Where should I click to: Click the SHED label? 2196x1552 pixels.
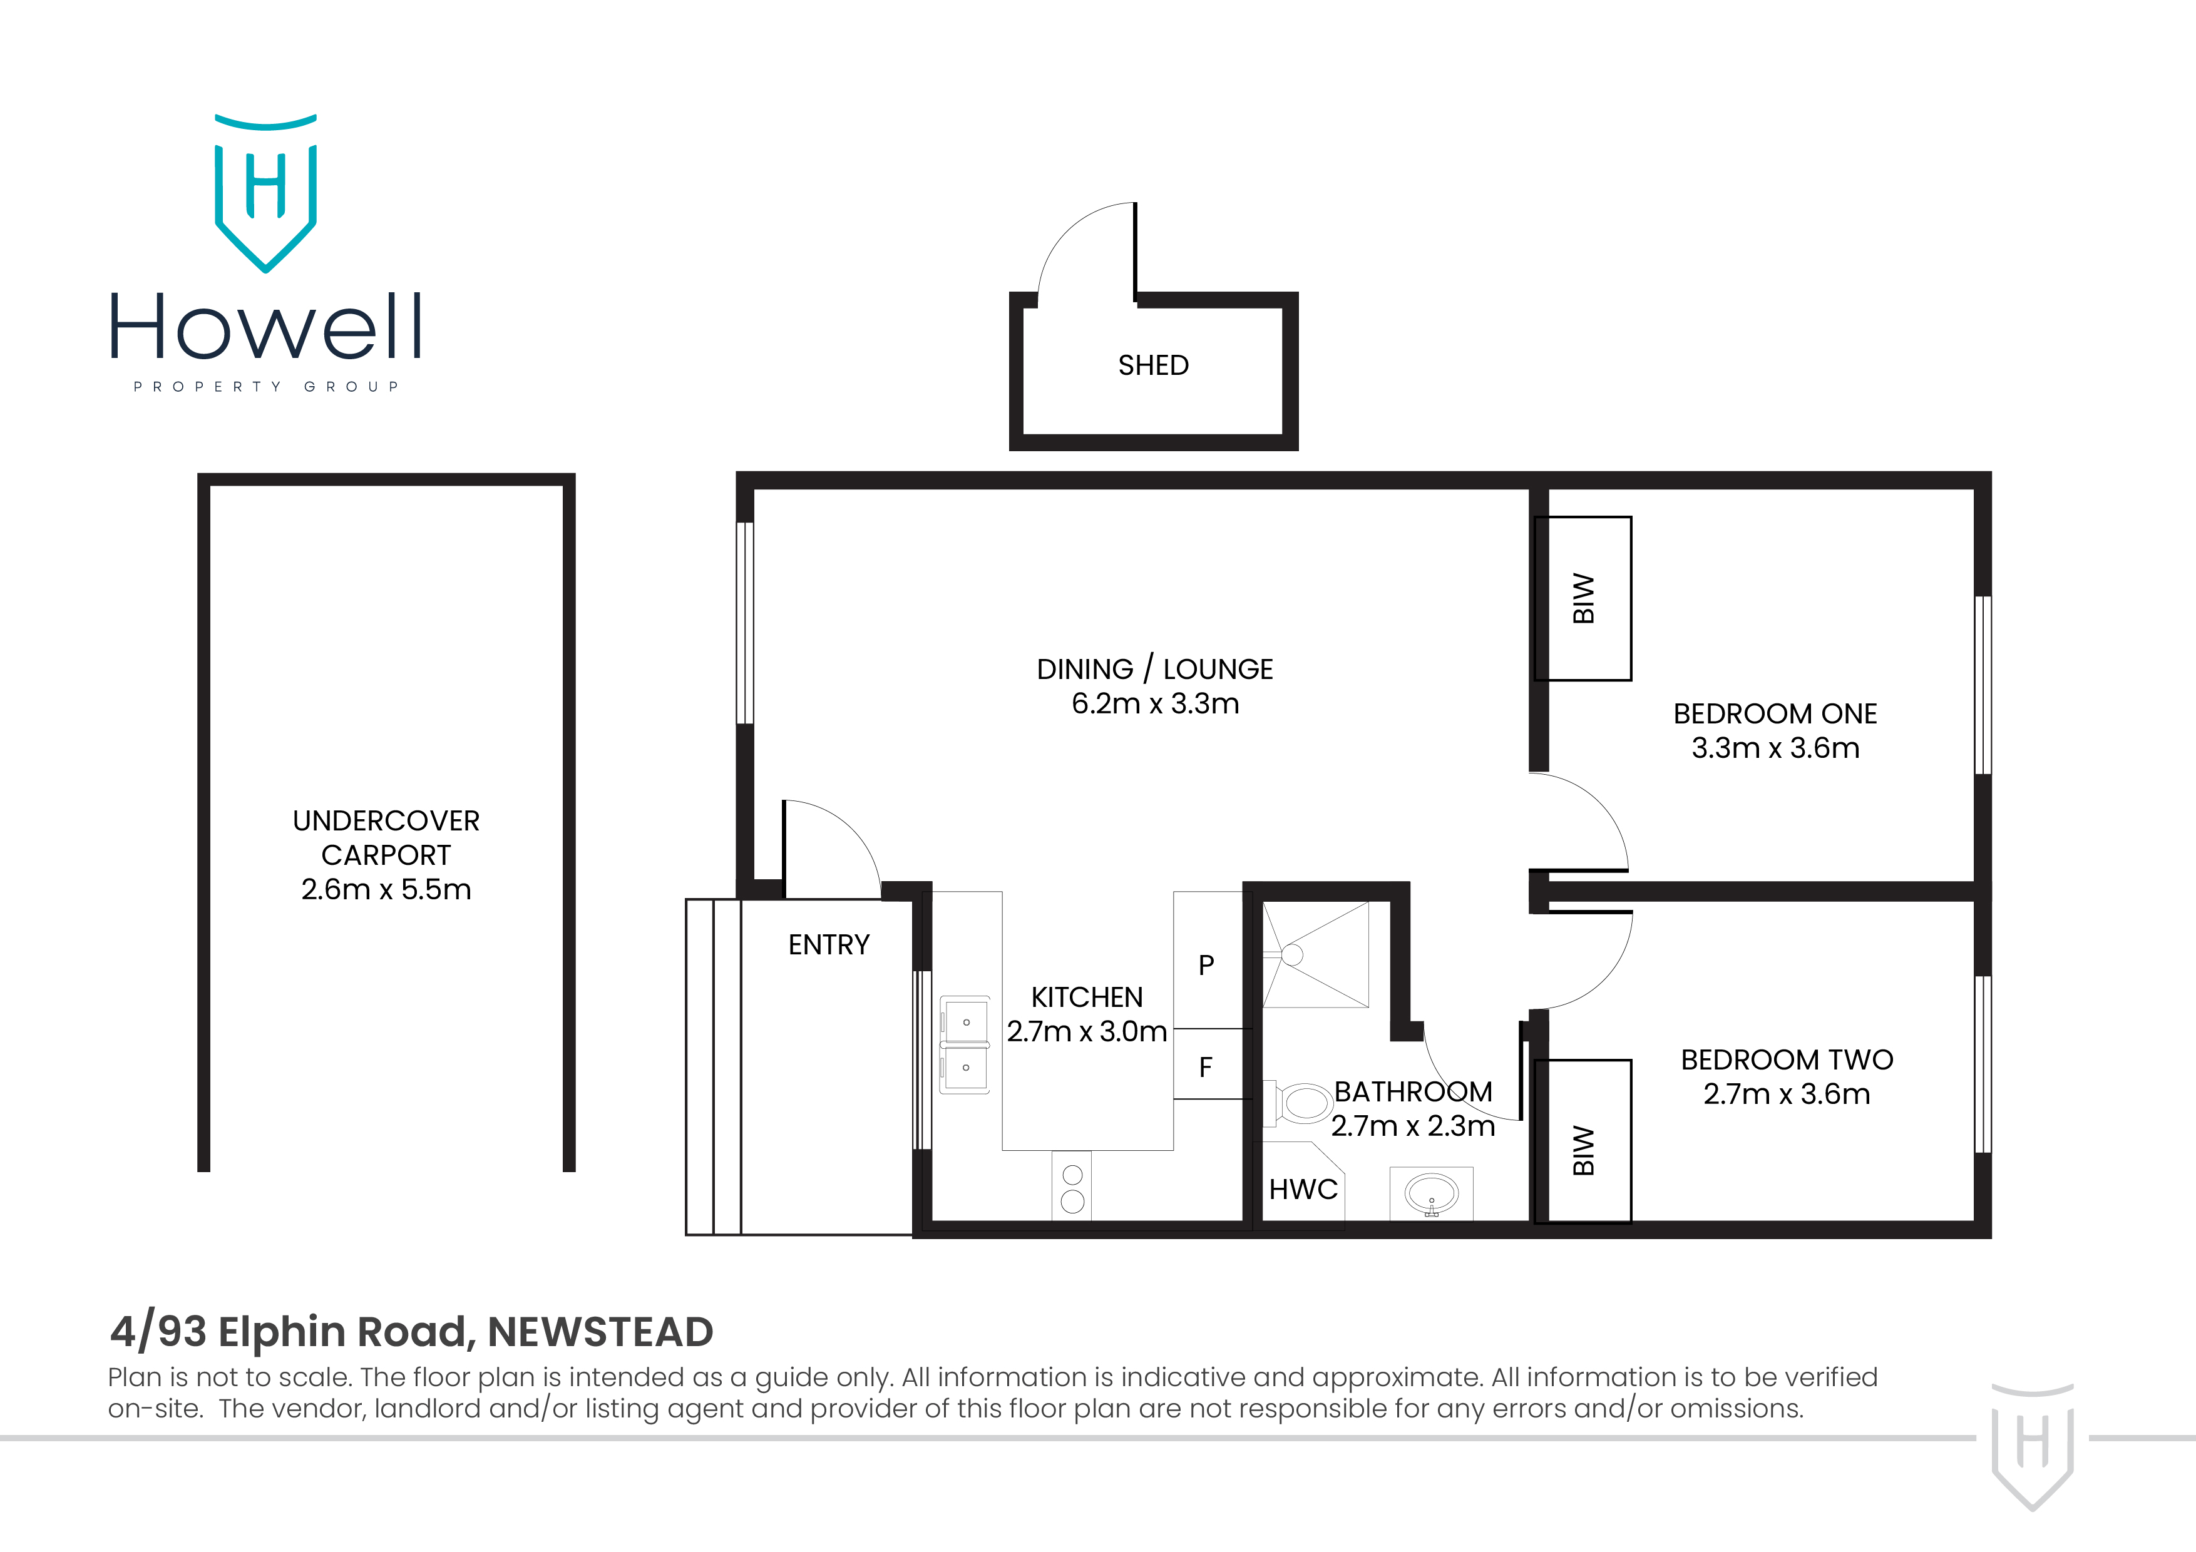(1152, 365)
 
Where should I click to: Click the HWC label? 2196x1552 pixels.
(1303, 1190)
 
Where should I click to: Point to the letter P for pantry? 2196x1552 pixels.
(1206, 966)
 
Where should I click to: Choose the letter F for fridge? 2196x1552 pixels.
(1206, 1067)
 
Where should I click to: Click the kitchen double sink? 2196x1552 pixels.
(965, 1045)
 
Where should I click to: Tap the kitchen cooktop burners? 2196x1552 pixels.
(1072, 1188)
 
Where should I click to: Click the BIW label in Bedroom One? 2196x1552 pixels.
(1584, 599)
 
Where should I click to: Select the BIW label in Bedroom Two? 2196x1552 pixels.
(1584, 1150)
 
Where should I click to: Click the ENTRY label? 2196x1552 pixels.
(828, 945)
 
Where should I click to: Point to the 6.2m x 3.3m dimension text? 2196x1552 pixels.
(1154, 704)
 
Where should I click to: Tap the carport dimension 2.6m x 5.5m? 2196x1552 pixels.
(386, 889)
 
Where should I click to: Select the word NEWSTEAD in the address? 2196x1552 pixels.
(600, 1332)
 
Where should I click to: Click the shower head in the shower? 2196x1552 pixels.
(1292, 954)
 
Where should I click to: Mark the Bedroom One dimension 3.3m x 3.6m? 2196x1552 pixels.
(1775, 748)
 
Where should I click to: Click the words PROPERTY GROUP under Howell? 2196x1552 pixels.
(266, 386)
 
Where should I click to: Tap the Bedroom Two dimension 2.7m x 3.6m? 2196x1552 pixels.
(1786, 1094)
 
